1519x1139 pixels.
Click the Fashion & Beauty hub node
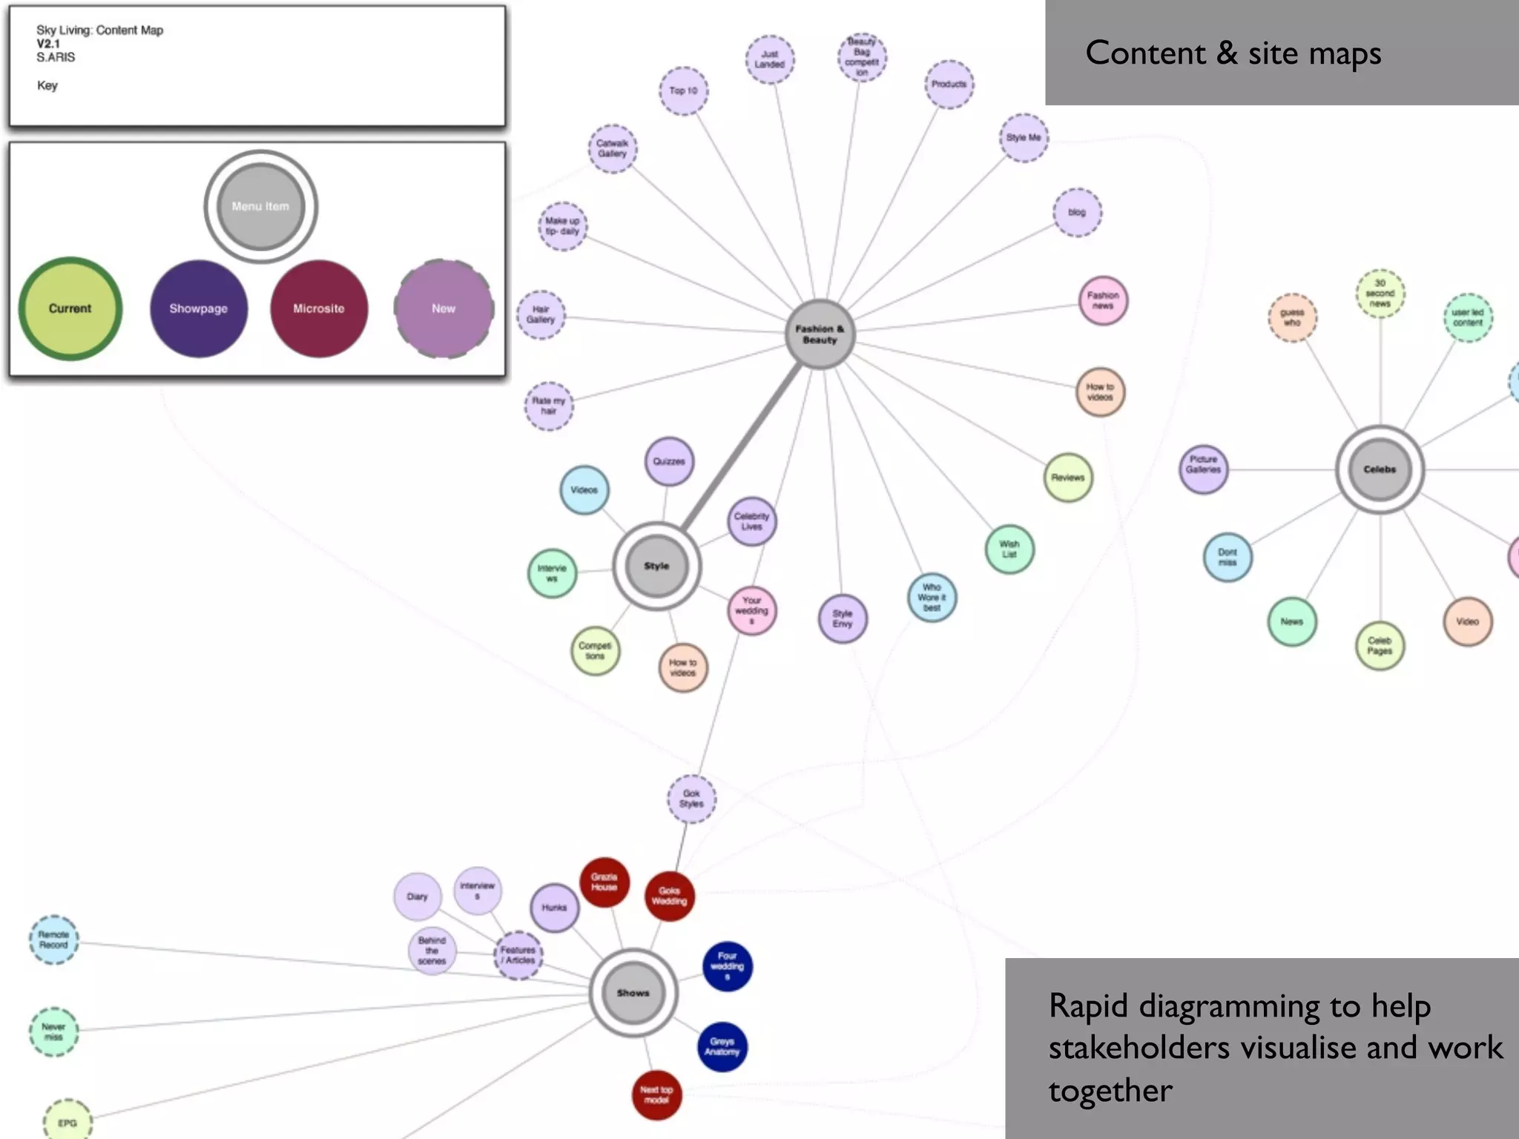820,334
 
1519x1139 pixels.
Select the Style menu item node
656,566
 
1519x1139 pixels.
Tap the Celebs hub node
1380,469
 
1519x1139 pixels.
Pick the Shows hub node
633,993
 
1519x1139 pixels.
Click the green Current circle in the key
70,308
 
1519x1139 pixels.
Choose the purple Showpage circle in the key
199,308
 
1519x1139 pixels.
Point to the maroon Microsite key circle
319,308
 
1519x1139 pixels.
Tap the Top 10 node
683,91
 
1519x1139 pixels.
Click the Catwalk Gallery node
613,149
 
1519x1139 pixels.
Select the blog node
1077,213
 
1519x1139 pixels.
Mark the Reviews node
1068,478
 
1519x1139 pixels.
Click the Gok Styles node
691,799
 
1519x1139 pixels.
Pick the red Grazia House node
604,882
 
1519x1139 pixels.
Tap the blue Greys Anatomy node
722,1047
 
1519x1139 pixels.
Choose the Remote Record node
53,940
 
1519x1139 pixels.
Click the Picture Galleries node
1203,469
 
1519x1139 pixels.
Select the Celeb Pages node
1380,646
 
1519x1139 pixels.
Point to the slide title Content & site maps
1233,53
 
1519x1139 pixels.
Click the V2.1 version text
48,44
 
